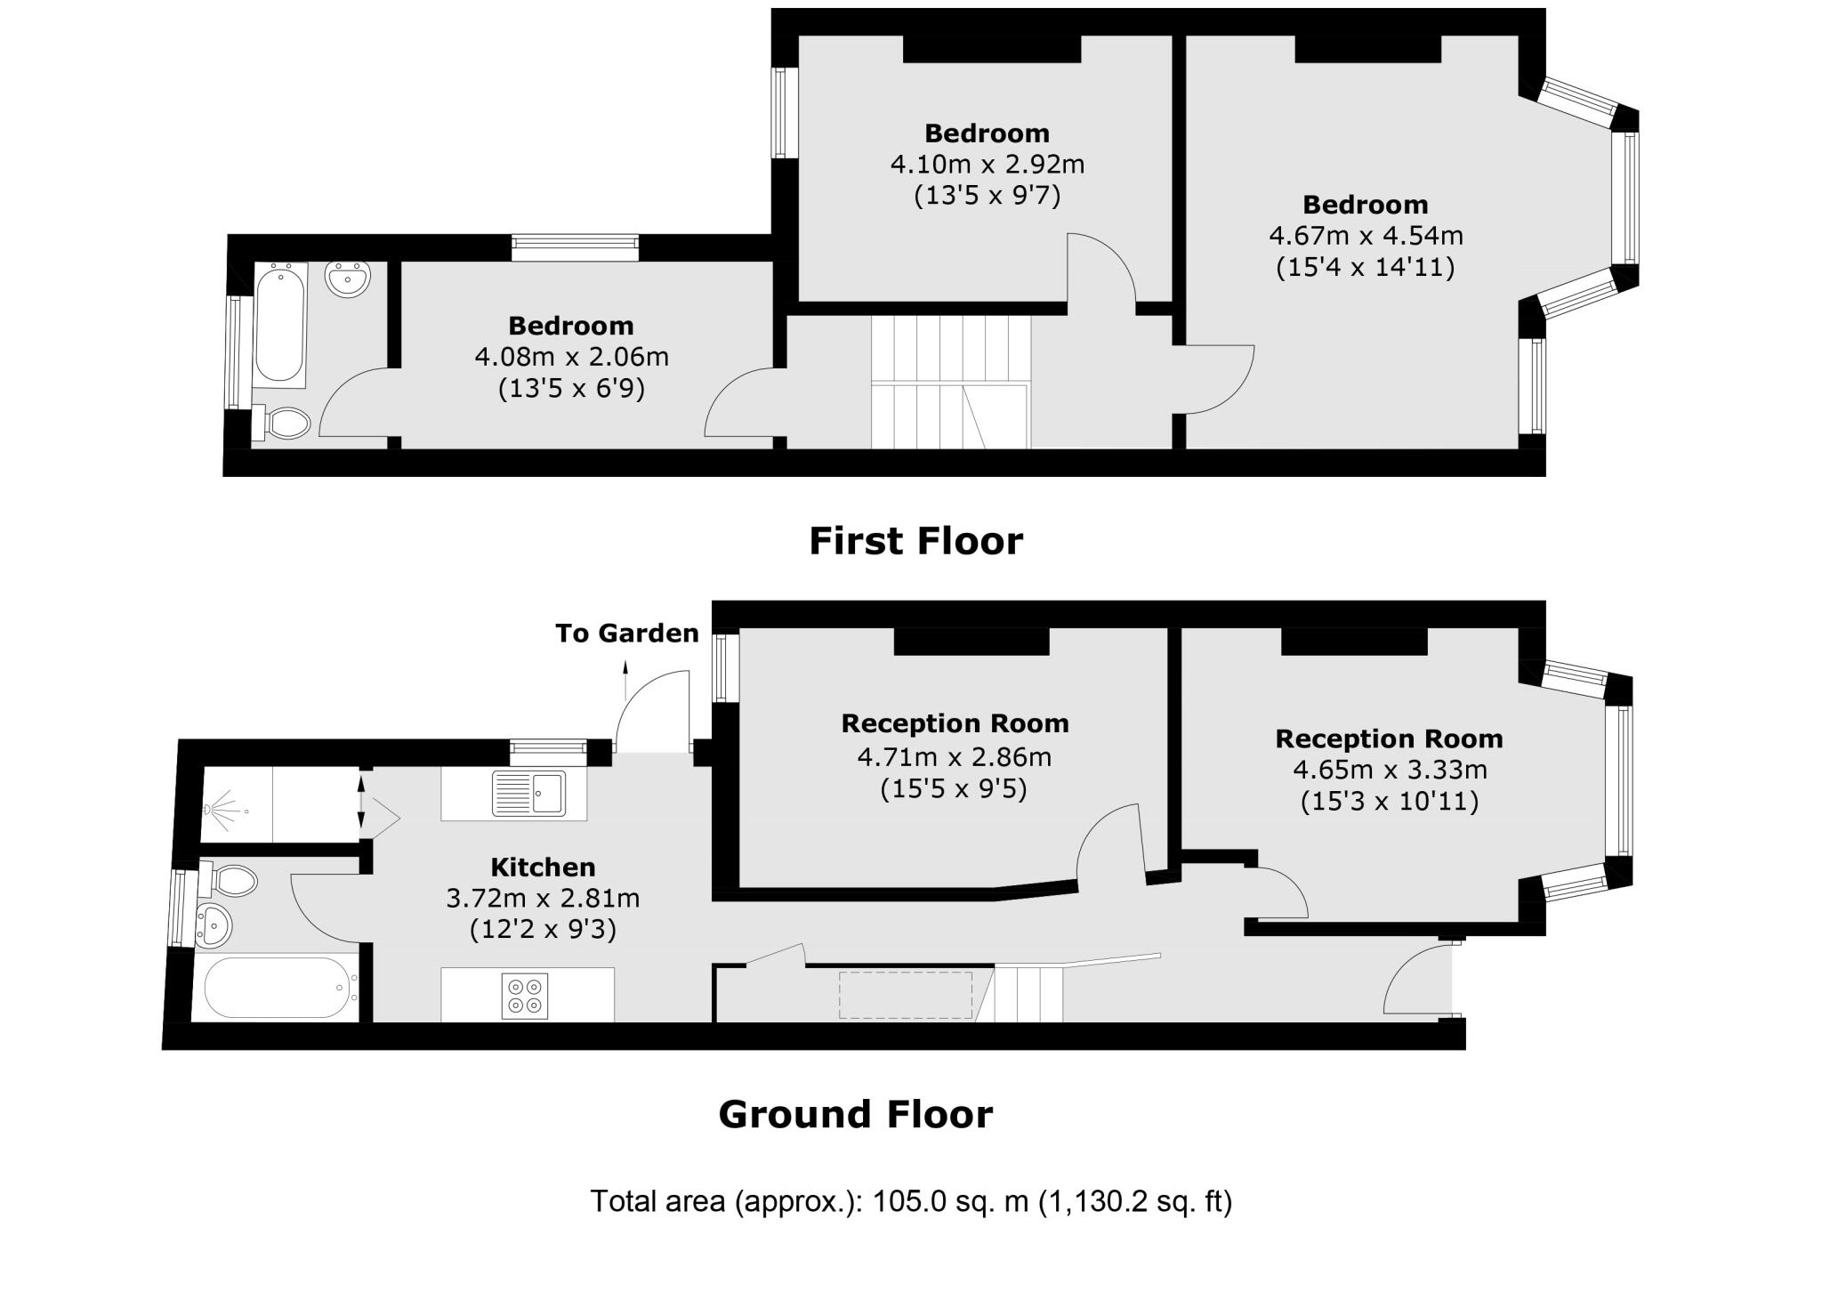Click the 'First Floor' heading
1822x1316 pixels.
tap(915, 541)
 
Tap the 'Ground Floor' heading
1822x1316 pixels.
tap(855, 1114)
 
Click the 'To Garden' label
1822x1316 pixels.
tap(626, 634)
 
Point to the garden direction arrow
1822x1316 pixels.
tap(625, 680)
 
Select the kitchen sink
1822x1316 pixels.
tap(528, 793)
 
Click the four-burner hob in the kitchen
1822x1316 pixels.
tap(524, 996)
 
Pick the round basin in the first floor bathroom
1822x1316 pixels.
tap(348, 279)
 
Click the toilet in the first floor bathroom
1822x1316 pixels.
tap(285, 423)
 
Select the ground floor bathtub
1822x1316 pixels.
tap(275, 988)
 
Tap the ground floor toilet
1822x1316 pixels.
tap(231, 881)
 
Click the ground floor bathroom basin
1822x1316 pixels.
tap(214, 925)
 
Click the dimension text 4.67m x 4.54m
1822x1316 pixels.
tap(1365, 236)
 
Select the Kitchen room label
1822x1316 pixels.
tap(543, 868)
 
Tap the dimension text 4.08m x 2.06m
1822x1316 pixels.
tap(571, 358)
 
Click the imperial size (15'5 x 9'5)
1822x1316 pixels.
tap(954, 789)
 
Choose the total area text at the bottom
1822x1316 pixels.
tap(911, 1201)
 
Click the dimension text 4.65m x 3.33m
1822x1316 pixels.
tap(1389, 770)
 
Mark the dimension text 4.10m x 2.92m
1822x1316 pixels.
tap(987, 165)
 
